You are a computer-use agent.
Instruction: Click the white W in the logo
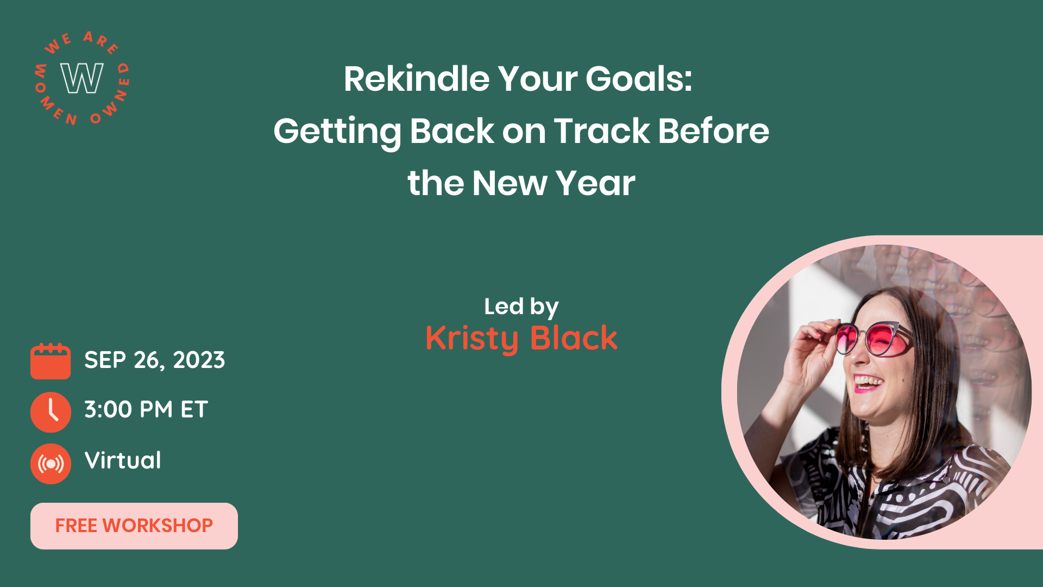click(82, 78)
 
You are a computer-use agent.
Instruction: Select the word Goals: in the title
click(639, 79)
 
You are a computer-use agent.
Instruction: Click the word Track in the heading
click(601, 131)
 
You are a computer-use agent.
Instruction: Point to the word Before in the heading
click(714, 131)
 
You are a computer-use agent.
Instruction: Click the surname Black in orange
click(574, 338)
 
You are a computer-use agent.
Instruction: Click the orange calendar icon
click(51, 361)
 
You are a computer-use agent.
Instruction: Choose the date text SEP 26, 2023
click(155, 360)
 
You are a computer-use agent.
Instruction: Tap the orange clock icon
click(51, 412)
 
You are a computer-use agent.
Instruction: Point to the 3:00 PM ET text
click(146, 410)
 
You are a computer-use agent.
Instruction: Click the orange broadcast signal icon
click(51, 464)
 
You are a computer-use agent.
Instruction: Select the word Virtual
click(123, 460)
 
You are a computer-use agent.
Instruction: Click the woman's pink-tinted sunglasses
click(871, 340)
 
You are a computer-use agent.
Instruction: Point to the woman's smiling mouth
click(868, 383)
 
